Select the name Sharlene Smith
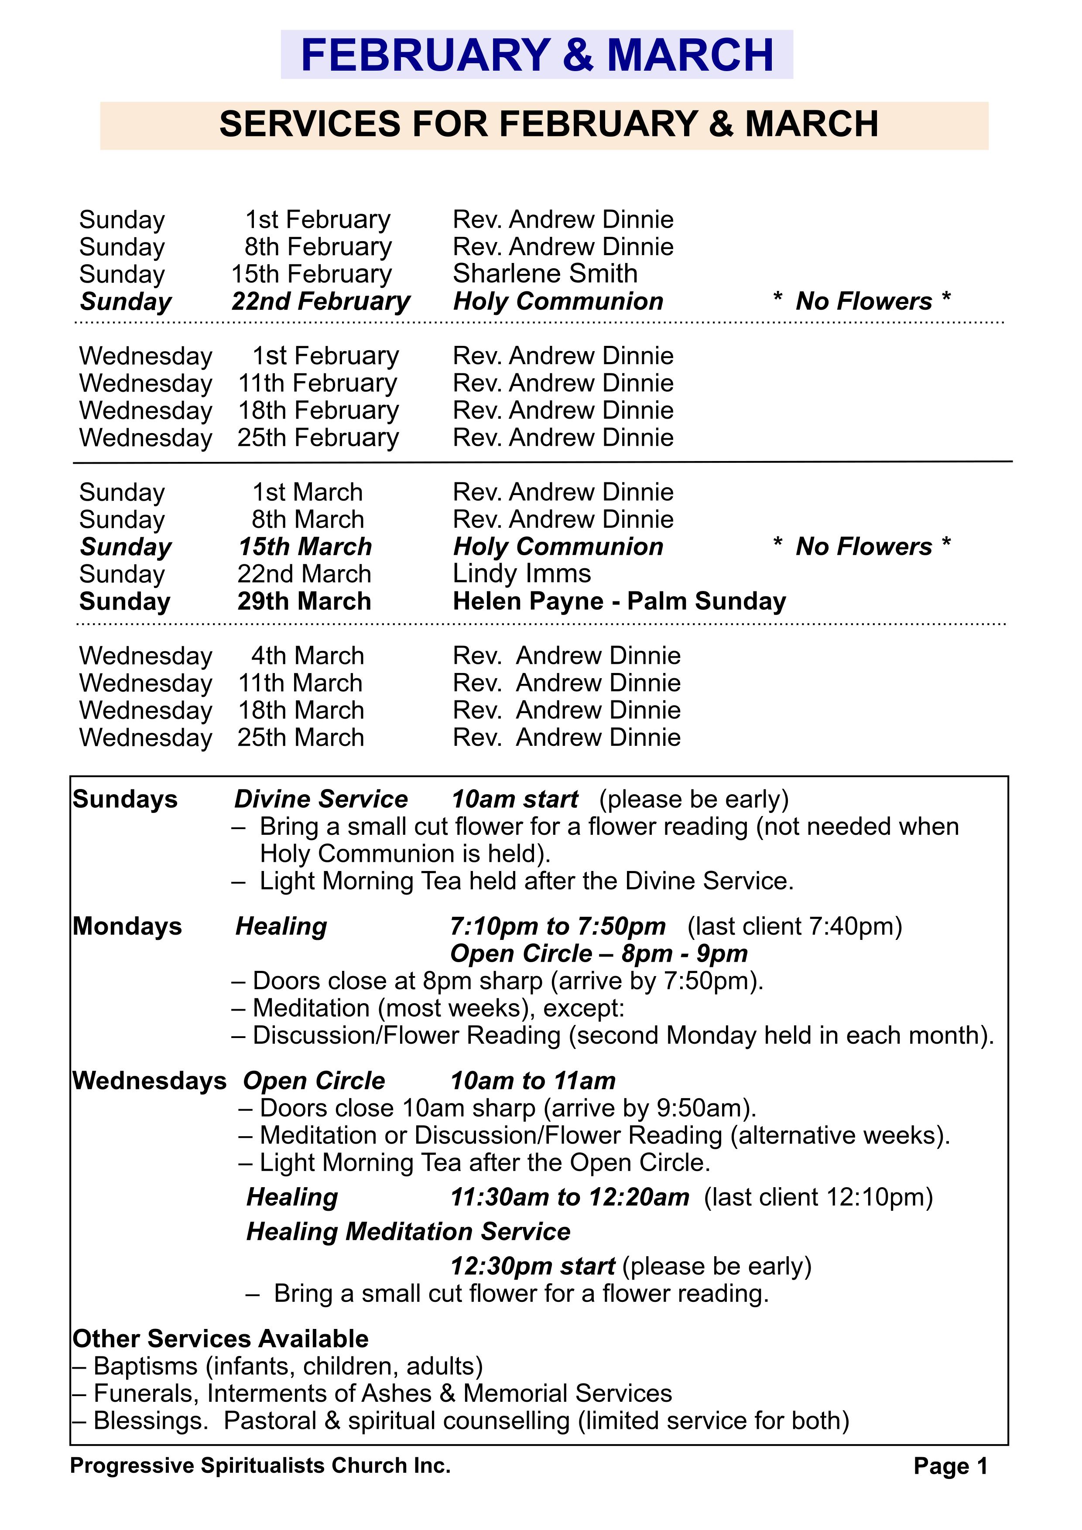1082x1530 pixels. click(x=544, y=274)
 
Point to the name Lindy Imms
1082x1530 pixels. click(x=521, y=574)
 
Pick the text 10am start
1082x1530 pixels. click(x=515, y=799)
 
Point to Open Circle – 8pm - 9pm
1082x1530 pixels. click(x=598, y=953)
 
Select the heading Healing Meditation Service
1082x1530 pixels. click(x=408, y=1232)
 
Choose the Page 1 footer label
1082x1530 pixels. click(x=950, y=1466)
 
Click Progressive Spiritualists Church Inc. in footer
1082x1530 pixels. click(x=260, y=1465)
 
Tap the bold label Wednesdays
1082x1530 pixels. click(x=149, y=1080)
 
